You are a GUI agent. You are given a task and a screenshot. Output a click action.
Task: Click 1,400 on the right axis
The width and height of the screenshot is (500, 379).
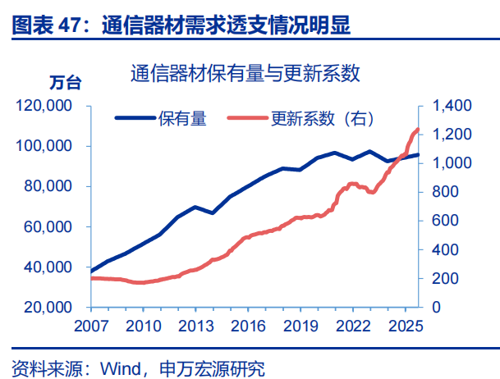[448, 106]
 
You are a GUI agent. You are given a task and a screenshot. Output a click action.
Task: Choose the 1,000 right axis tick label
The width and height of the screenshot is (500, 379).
[448, 163]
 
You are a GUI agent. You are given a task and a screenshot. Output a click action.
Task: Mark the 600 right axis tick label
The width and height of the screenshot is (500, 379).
[443, 221]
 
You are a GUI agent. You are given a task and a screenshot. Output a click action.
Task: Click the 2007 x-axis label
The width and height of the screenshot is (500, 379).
[90, 325]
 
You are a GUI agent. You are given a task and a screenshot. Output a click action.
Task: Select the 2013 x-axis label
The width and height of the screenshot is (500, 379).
[193, 325]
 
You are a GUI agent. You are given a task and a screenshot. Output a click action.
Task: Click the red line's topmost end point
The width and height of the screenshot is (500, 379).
[418, 129]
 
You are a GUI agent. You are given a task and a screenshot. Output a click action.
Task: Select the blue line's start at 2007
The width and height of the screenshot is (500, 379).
[90, 271]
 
